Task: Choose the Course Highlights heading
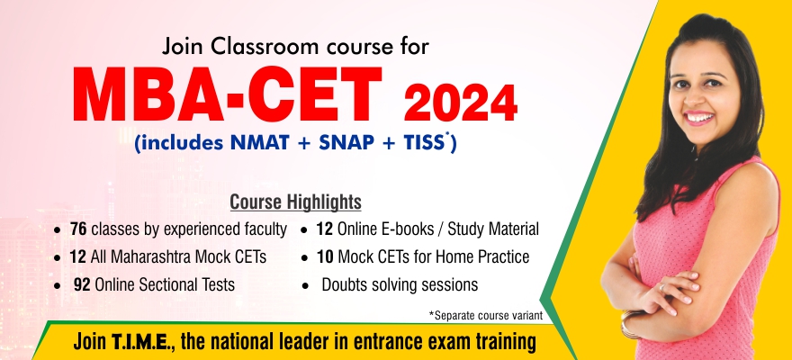point(295,202)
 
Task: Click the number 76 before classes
point(77,229)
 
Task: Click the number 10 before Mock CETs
point(325,257)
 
